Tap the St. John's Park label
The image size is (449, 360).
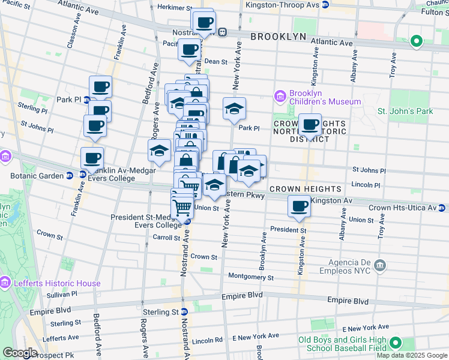pos(405,111)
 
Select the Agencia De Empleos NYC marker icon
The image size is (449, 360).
pos(379,265)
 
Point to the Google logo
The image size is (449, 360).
pos(20,353)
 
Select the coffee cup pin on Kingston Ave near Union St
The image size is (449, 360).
pos(299,206)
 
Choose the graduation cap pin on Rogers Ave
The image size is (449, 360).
pos(160,151)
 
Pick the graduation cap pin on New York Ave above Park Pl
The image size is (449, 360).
pos(234,109)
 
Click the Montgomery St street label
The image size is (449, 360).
pos(251,278)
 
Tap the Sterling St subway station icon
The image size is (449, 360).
pos(185,311)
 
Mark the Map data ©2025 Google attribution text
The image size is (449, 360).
pos(411,355)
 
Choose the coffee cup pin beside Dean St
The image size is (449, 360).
pos(190,50)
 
